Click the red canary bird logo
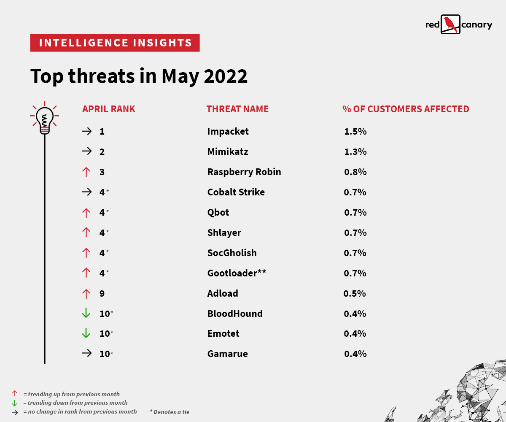[x=450, y=24]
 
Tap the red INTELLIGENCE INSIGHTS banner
[x=115, y=43]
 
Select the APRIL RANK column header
[x=109, y=109]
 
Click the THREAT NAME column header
[x=237, y=109]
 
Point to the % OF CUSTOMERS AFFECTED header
[x=405, y=109]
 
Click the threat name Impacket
[x=228, y=131]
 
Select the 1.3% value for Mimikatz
[x=355, y=151]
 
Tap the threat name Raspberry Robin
[x=244, y=172]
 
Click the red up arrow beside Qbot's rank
[x=86, y=212]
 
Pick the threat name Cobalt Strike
[x=236, y=192]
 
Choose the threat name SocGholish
[x=231, y=253]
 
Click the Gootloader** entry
[x=236, y=273]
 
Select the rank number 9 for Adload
[x=102, y=293]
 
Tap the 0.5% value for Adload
[x=355, y=293]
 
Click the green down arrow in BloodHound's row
[x=86, y=314]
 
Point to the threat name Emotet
[x=223, y=333]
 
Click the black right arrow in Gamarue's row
[x=86, y=354]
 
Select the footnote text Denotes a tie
[x=171, y=412]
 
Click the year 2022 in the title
[x=226, y=76]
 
